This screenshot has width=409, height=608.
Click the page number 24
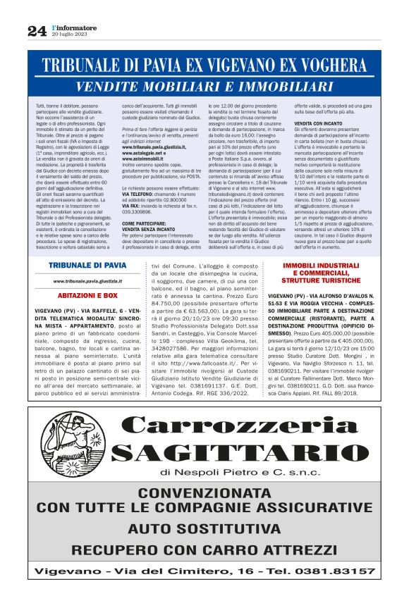pos(37,31)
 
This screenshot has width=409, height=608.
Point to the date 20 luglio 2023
pos(69,34)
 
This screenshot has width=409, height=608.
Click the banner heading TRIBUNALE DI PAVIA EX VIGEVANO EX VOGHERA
pos(204,67)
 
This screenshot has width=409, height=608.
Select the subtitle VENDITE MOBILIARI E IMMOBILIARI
pos(204,87)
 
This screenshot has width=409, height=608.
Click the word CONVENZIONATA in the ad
pos(204,493)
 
